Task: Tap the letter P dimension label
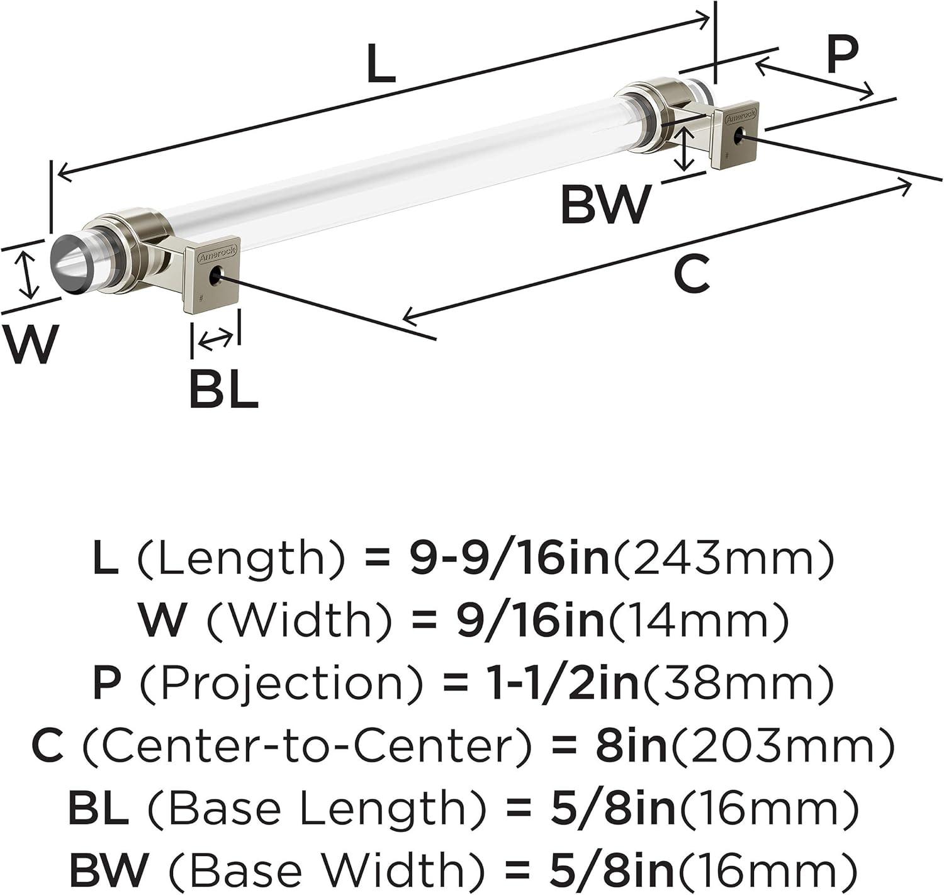(842, 54)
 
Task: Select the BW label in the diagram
(607, 205)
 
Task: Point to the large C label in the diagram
(692, 274)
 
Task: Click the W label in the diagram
(30, 344)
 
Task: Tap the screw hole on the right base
(739, 137)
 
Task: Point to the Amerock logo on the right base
(741, 116)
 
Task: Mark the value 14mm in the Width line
(696, 622)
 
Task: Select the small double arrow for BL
(215, 340)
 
